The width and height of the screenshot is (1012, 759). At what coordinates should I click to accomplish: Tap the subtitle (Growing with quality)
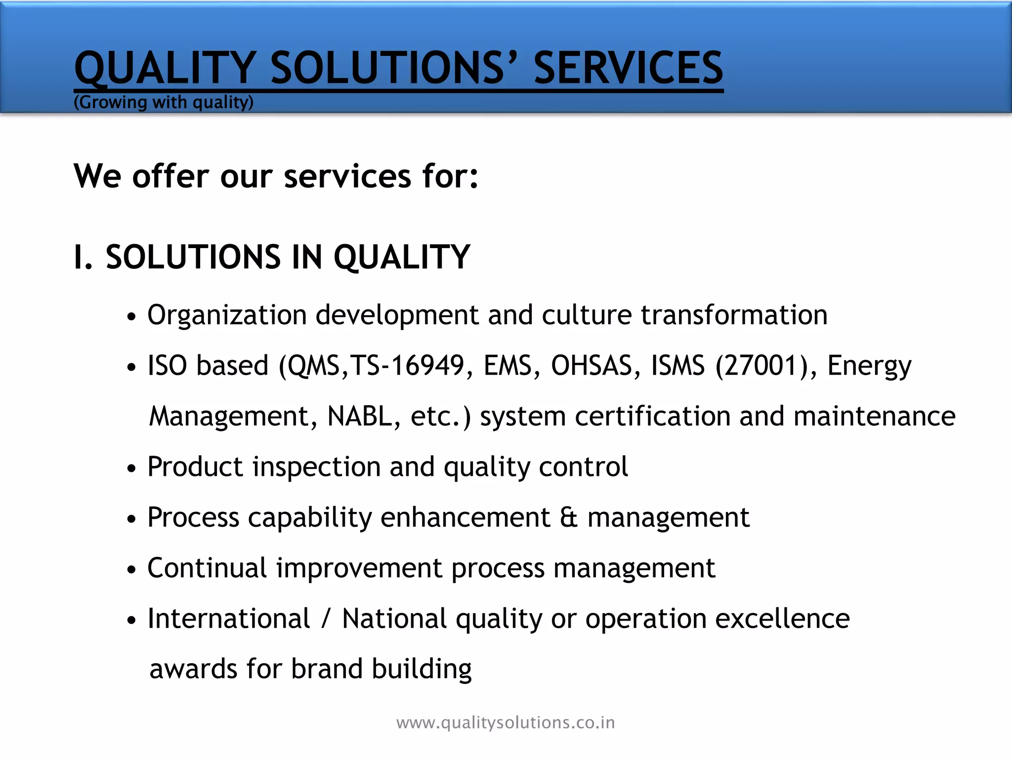(163, 102)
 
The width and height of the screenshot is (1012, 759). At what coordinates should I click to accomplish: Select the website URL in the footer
(506, 722)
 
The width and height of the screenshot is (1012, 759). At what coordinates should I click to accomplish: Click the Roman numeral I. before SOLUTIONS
(83, 257)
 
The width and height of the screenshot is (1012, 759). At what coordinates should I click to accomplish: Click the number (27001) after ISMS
(761, 366)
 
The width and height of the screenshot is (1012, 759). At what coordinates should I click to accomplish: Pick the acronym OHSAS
(591, 366)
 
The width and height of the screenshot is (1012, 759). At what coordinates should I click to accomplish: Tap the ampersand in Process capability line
(569, 517)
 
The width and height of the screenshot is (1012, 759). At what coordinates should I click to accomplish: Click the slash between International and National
(325, 619)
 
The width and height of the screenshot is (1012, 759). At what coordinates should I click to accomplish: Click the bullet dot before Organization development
(131, 317)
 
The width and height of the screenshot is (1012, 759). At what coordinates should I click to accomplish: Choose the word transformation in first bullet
(734, 315)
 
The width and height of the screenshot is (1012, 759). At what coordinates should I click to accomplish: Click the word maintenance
(874, 416)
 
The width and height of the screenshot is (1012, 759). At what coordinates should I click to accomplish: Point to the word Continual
(207, 568)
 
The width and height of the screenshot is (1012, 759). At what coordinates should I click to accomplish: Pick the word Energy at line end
(869, 367)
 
